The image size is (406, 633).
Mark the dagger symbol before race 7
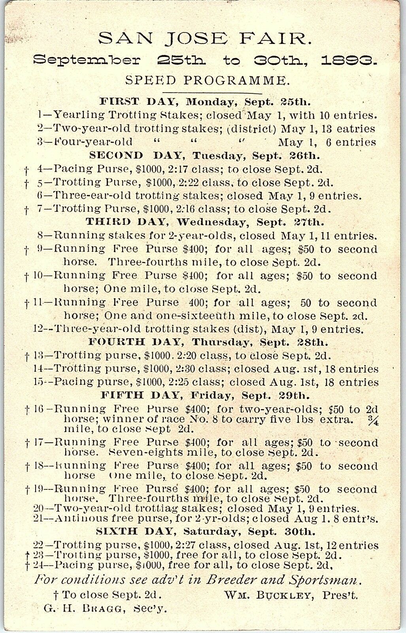[x=27, y=209]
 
